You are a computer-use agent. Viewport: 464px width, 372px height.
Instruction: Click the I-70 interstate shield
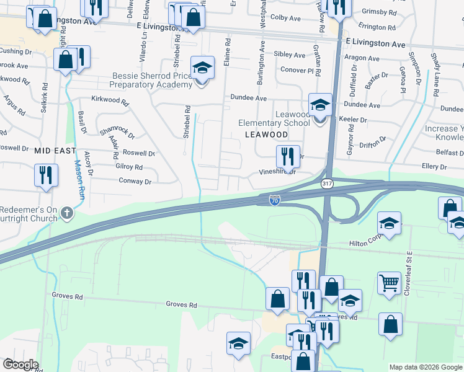point(275,200)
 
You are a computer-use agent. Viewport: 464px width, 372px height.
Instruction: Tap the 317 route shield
point(326,184)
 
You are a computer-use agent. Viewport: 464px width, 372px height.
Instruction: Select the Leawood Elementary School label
point(274,118)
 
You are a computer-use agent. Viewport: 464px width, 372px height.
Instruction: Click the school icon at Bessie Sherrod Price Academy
point(202,68)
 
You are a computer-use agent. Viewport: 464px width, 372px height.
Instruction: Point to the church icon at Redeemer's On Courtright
point(68,214)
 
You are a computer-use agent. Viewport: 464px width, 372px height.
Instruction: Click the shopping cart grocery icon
point(389,283)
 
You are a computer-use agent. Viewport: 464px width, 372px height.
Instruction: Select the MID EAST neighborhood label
point(55,151)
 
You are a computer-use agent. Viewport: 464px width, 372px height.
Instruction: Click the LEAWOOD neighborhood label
point(266,135)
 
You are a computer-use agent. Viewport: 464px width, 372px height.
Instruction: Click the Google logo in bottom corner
point(20,365)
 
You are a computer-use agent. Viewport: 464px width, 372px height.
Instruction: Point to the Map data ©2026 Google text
point(425,367)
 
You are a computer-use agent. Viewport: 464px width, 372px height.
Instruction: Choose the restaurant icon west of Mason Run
point(46,175)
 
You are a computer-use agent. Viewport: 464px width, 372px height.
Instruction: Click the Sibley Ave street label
point(289,55)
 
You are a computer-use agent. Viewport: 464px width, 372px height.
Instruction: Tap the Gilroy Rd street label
point(129,167)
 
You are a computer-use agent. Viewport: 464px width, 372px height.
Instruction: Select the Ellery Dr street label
point(434,167)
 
